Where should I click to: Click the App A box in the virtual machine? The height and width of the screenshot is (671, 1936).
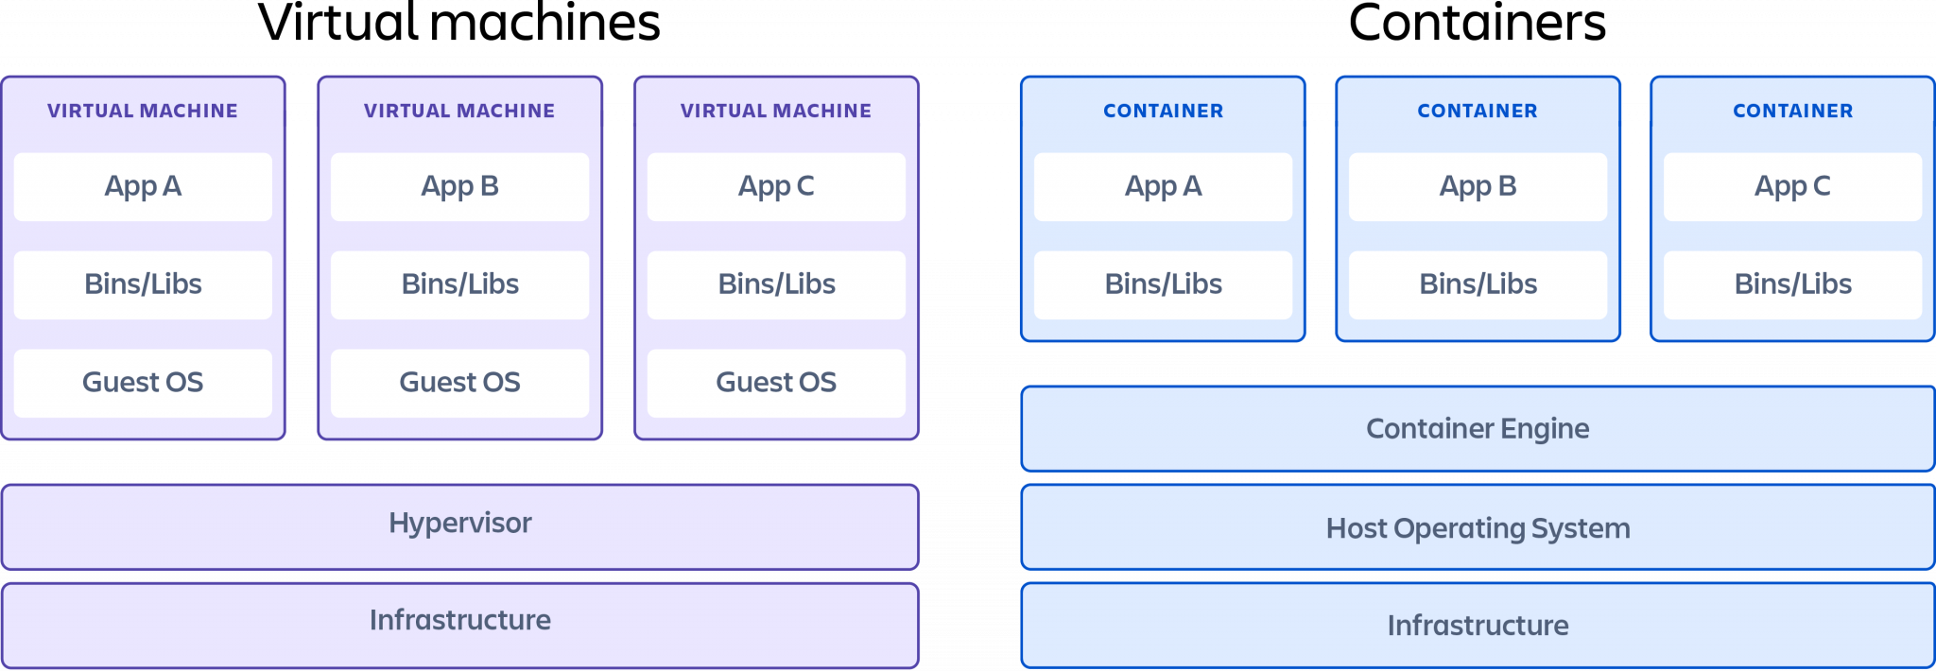click(x=143, y=186)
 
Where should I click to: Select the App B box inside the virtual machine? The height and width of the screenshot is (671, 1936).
click(x=459, y=186)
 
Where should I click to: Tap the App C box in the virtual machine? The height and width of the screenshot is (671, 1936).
click(x=776, y=186)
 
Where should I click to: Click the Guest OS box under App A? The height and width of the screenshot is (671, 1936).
click(x=143, y=383)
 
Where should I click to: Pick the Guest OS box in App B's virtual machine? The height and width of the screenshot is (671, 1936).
click(x=459, y=383)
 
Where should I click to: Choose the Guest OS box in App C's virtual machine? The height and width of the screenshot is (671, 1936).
click(x=776, y=383)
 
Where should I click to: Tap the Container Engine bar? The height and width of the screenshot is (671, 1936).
click(x=1478, y=428)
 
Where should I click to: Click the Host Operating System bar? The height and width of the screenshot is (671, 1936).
click(x=1478, y=527)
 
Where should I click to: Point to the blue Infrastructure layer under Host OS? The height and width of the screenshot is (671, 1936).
click(x=1478, y=625)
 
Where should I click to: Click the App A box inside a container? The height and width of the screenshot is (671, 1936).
click(x=1163, y=186)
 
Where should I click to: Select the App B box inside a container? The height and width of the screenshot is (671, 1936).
click(x=1478, y=186)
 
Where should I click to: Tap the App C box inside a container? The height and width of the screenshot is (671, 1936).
click(x=1792, y=186)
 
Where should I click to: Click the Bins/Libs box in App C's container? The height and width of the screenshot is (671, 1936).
click(x=1792, y=284)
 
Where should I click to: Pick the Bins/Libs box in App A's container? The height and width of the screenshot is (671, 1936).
click(x=1163, y=284)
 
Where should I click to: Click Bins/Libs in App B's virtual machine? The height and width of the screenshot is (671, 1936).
click(x=459, y=284)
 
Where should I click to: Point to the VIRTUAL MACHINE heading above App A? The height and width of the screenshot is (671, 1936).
click(x=143, y=111)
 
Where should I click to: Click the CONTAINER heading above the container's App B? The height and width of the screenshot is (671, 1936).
click(x=1478, y=111)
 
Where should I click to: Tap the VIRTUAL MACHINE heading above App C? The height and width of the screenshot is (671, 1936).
click(x=776, y=111)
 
